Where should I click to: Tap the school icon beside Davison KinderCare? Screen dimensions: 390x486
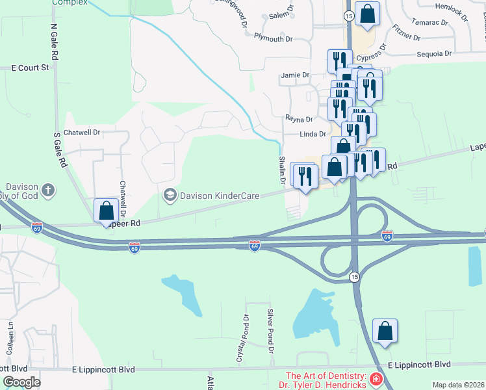170,195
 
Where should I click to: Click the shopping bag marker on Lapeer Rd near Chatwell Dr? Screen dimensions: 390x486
106,211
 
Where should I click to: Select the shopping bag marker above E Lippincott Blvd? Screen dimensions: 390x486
385,331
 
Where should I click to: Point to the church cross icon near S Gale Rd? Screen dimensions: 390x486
47,191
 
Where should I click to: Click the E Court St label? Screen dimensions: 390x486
31,67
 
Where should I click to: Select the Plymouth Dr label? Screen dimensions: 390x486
273,39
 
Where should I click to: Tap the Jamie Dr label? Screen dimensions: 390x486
295,75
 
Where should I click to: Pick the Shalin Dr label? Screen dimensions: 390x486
283,170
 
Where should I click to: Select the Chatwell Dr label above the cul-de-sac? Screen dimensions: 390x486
83,132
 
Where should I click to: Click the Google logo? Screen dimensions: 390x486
21,382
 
